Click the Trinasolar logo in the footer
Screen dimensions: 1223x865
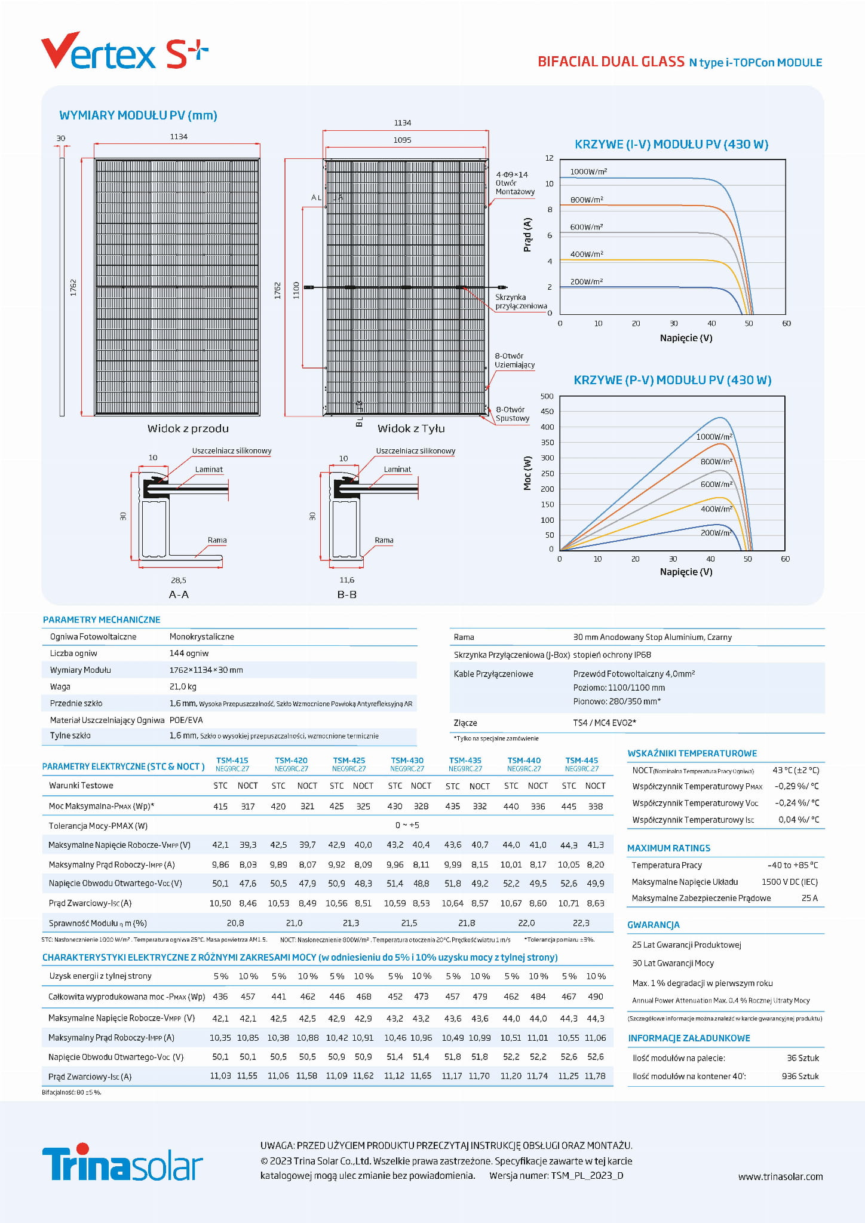[x=122, y=1162]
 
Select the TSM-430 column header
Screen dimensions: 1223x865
[x=407, y=761]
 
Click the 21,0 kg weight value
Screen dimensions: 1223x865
[x=183, y=686]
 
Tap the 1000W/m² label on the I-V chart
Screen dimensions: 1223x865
[x=588, y=171]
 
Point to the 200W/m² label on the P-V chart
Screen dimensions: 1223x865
[x=716, y=532]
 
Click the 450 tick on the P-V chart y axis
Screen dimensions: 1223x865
[x=547, y=411]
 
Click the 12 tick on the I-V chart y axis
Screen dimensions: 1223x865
[x=549, y=158]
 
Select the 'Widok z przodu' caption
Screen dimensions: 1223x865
[x=188, y=428]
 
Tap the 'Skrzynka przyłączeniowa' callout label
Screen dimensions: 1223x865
[x=520, y=301]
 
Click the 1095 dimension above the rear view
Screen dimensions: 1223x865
[x=402, y=140]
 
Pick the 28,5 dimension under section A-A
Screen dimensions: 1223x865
[x=178, y=580]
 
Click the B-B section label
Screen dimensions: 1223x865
[x=346, y=594]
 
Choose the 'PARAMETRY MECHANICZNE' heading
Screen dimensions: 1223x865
[x=102, y=620]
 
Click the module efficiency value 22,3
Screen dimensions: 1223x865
[x=581, y=922]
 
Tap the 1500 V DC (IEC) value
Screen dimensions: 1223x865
[x=789, y=882]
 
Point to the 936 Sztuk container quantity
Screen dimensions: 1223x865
[x=800, y=1076]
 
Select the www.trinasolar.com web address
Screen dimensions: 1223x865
[x=780, y=1176]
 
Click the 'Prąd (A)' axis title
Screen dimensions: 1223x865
[x=527, y=234]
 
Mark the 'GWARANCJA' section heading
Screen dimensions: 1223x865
[x=653, y=924]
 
